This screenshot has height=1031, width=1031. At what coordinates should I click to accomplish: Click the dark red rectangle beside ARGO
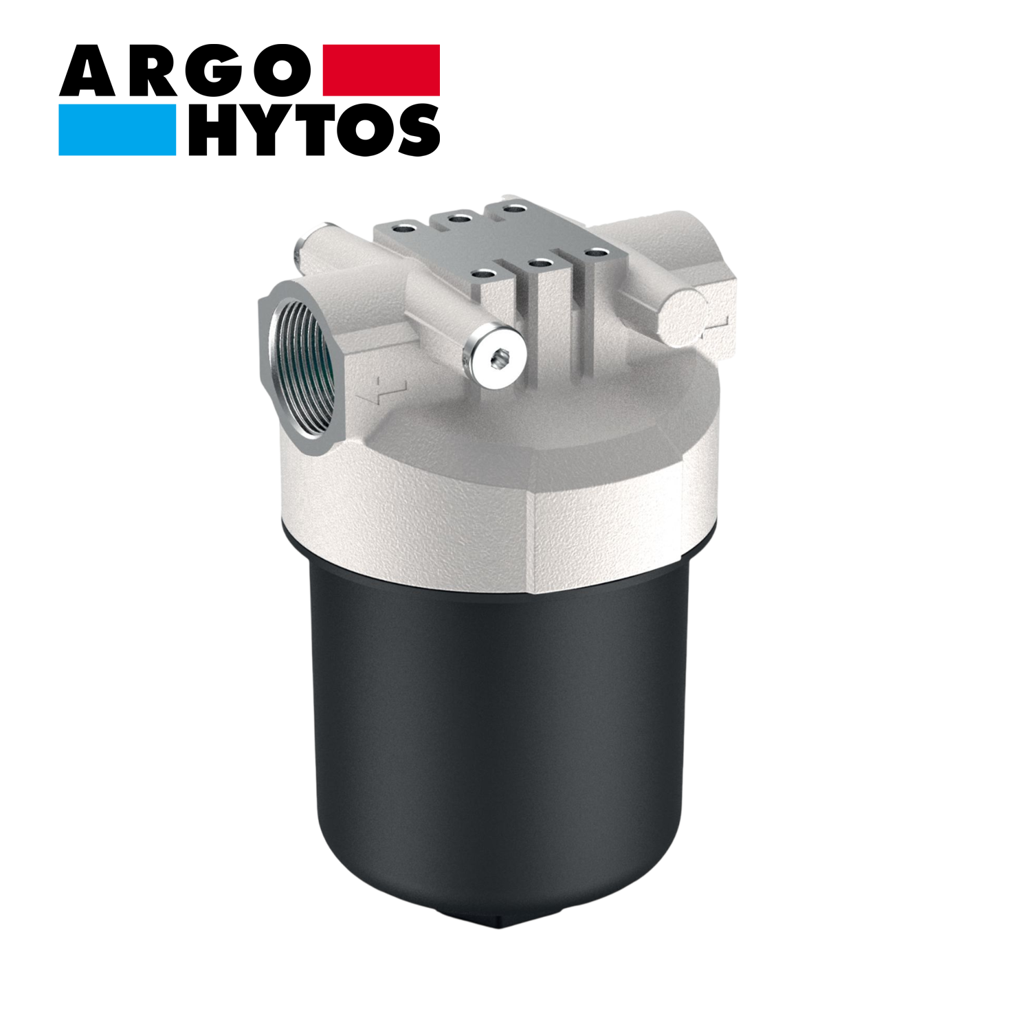[x=381, y=69]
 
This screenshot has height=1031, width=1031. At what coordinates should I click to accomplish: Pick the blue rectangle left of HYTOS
[x=117, y=130]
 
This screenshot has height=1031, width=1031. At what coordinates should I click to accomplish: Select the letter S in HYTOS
[x=415, y=130]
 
